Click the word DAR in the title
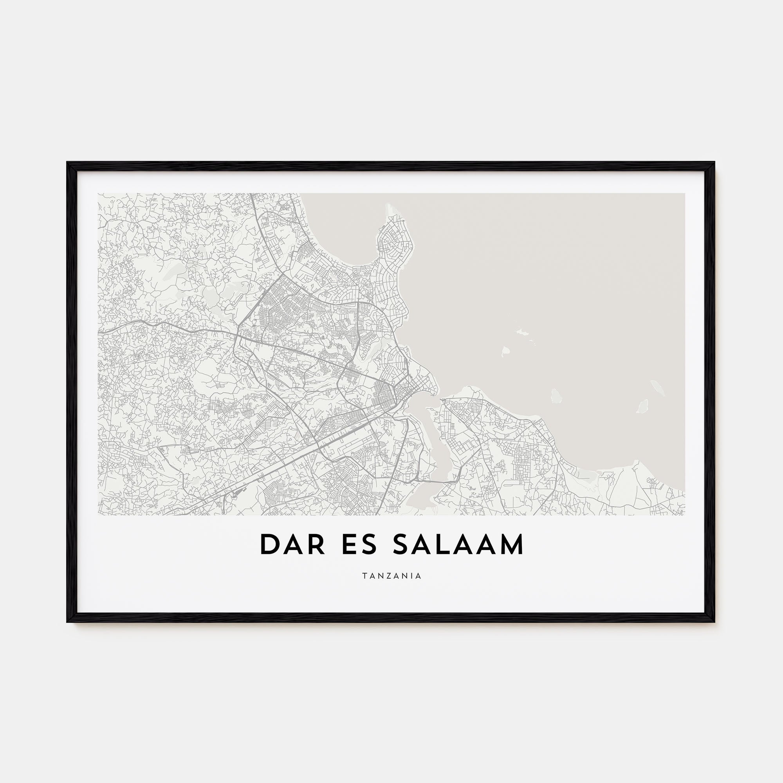(292, 545)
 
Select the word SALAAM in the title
(458, 545)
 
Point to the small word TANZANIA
(391, 576)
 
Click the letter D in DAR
(268, 545)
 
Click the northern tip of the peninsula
(390, 206)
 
